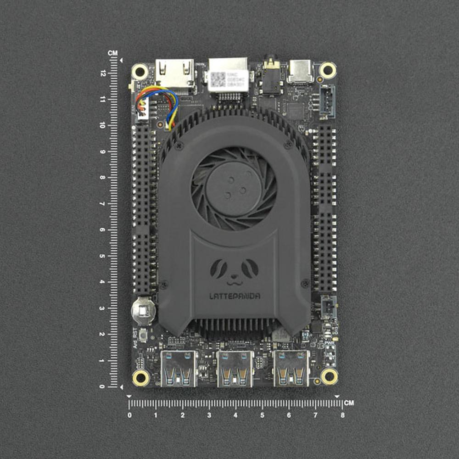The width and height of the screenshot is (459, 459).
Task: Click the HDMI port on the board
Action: pos(174,73)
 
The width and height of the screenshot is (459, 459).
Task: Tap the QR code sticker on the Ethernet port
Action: pos(218,79)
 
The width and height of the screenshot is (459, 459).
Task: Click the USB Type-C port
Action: pos(300,71)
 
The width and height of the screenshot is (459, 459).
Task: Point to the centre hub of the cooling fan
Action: pos(234,188)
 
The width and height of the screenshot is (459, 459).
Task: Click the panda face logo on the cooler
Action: pos(234,269)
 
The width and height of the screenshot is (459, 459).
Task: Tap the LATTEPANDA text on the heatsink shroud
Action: pos(234,297)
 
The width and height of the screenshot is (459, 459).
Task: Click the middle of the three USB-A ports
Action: pos(235,368)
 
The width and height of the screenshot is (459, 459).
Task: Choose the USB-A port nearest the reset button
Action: pos(179,368)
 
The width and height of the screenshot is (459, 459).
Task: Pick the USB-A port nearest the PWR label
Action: pos(291,368)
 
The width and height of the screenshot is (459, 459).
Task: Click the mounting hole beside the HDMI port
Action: pos(140,72)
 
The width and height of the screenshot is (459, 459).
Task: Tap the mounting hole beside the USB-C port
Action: pos(328,70)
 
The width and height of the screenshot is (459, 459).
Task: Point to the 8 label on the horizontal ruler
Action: pos(342,415)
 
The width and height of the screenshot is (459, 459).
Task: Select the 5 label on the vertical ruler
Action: pos(103,256)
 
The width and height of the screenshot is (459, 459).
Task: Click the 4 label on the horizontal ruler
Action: pos(235,415)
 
